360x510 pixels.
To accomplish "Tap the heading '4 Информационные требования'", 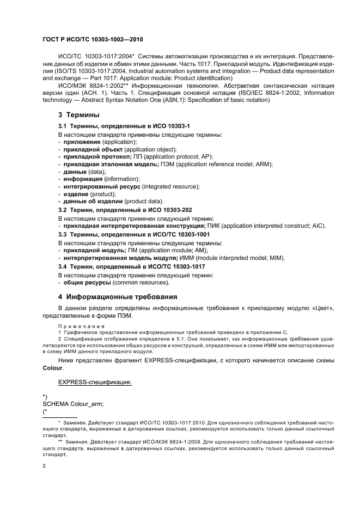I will click(x=117, y=297).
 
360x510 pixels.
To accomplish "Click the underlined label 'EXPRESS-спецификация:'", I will click(x=94, y=382).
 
